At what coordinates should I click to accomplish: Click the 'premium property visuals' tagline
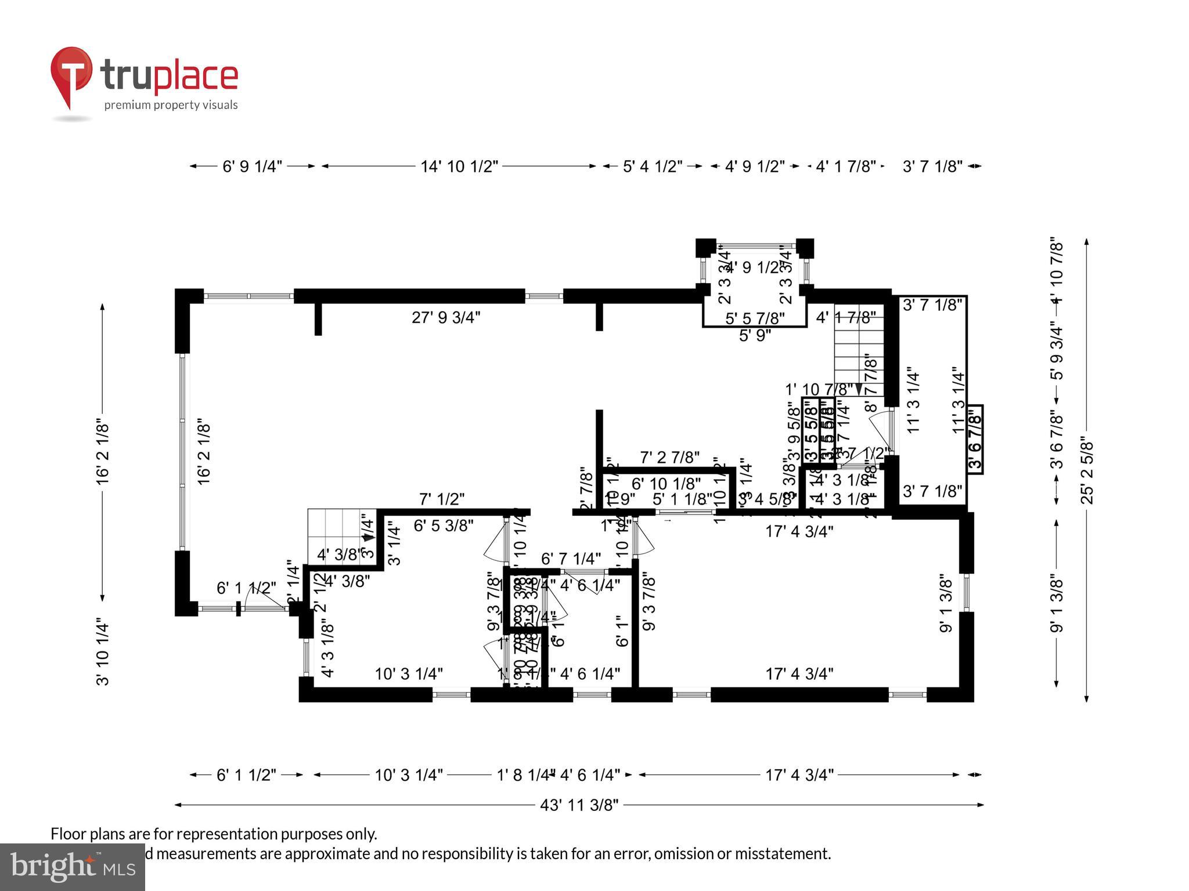point(171,105)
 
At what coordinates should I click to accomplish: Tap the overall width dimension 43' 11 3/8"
point(579,805)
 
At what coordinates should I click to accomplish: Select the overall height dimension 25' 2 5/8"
point(1086,472)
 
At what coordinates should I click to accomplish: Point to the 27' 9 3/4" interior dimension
point(446,317)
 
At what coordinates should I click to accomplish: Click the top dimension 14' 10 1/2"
point(459,166)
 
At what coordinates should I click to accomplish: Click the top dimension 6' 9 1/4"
point(252,166)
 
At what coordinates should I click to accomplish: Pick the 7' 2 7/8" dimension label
point(669,458)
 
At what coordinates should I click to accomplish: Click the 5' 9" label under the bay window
point(755,335)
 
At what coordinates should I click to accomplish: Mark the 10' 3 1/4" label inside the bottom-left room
point(409,673)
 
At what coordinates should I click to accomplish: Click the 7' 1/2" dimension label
point(442,499)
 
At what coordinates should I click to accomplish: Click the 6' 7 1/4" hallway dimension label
point(570,559)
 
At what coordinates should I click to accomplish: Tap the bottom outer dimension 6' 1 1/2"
point(246,775)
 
